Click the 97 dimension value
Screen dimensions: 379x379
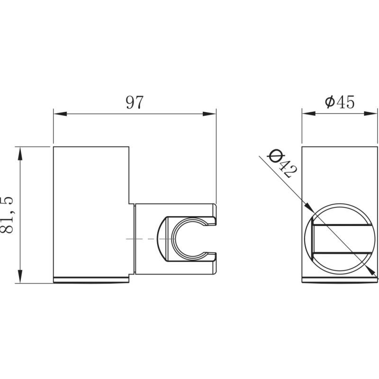tap(135, 102)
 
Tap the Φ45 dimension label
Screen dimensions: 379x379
tap(340, 102)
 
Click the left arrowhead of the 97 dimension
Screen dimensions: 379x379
tap(60, 114)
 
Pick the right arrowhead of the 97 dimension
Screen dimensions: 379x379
tap(209, 114)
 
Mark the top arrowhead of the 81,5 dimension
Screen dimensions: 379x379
tap(20, 153)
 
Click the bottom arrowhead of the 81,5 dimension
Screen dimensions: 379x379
tap(20, 277)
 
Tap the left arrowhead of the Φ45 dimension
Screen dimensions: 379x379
tap(309, 114)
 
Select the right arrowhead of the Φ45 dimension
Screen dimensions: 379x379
tap(370, 114)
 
